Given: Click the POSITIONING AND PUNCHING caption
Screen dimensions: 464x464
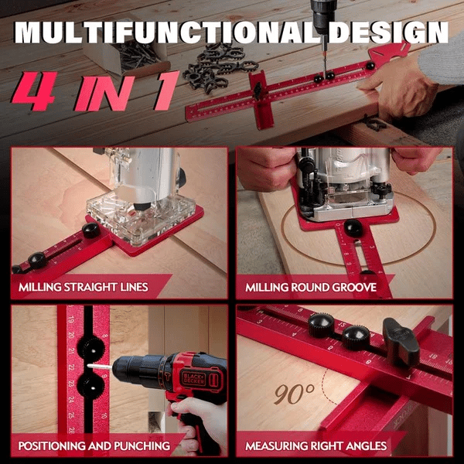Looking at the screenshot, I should point(94,445).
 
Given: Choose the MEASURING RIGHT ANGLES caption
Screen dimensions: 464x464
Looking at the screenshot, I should point(316,445).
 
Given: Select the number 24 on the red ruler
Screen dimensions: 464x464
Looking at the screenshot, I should point(71,400).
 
